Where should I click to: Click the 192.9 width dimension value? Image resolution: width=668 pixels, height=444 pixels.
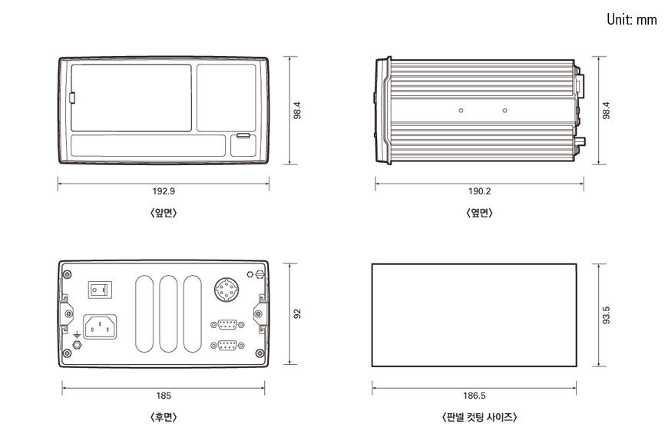tap(164, 191)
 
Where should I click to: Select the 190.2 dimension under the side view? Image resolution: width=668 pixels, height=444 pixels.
tap(479, 191)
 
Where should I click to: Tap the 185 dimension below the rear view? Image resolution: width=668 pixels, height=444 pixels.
tap(164, 396)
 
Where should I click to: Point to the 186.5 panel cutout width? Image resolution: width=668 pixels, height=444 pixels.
tap(475, 396)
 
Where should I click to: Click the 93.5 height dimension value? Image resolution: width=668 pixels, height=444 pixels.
tap(607, 315)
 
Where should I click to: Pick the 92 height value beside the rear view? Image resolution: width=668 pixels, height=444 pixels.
tap(298, 313)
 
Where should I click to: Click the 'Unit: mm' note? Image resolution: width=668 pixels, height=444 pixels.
tap(631, 20)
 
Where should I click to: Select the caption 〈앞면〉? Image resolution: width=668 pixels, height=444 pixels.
tap(164, 213)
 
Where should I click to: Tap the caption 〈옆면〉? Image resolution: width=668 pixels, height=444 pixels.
tap(479, 213)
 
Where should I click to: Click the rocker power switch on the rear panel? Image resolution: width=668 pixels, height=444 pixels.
tap(99, 289)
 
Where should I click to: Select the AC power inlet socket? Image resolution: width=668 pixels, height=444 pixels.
tap(99, 328)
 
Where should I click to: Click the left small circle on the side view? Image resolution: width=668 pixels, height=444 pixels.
tap(461, 111)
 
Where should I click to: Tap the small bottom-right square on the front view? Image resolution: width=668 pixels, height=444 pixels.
tap(243, 145)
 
